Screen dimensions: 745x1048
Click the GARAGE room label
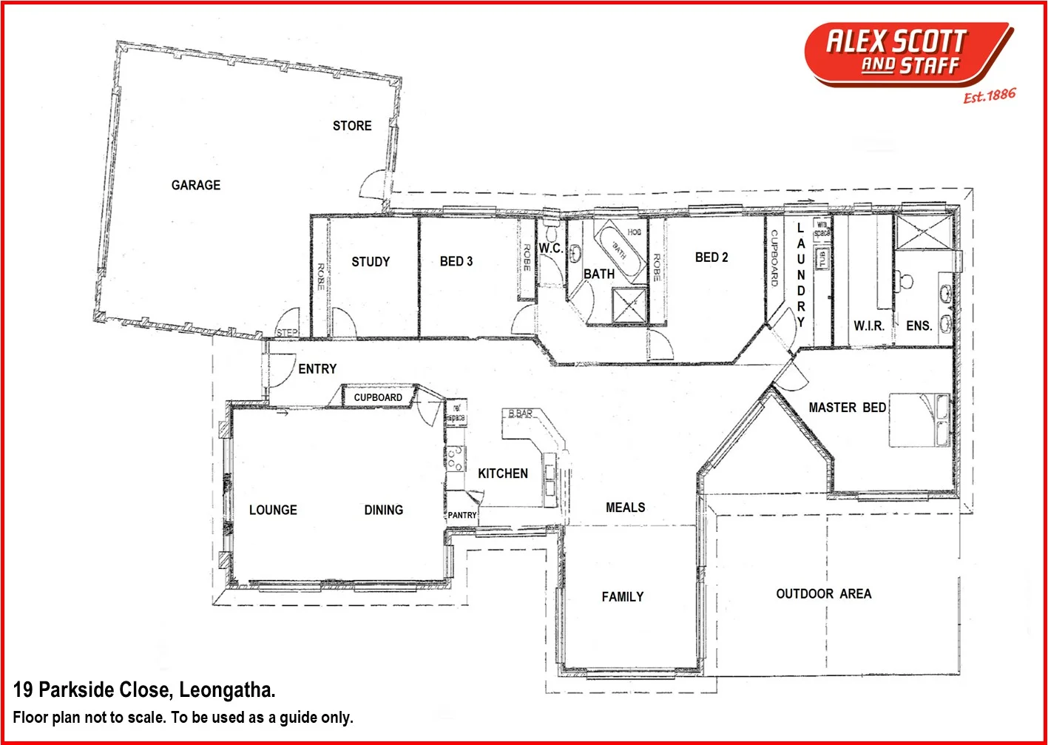tap(196, 185)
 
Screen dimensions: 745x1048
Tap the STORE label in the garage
tap(352, 126)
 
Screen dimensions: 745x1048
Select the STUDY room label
tap(371, 262)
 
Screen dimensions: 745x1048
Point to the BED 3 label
tap(456, 261)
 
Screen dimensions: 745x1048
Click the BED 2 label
tap(711, 257)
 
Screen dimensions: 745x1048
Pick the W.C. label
tap(550, 249)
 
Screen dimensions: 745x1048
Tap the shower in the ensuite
tap(922, 232)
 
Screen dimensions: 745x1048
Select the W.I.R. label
tap(868, 326)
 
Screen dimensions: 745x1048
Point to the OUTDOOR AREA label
tap(823, 594)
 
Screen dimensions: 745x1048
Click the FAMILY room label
tap(622, 597)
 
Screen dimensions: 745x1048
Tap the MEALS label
tap(625, 508)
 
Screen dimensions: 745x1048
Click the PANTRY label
tap(462, 515)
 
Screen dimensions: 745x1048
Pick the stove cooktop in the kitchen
tap(456, 459)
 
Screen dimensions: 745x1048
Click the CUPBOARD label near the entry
tap(378, 397)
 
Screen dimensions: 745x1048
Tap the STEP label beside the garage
tap(287, 332)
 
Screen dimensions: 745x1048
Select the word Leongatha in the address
tap(227, 690)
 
